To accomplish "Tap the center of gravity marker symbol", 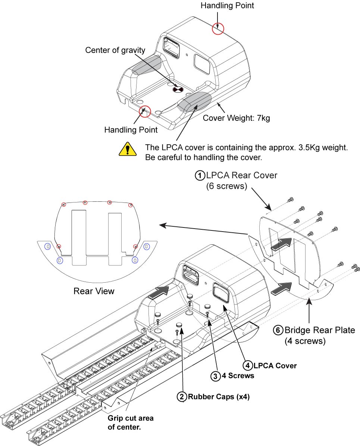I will tap(178, 89).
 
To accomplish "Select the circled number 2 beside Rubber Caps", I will tap(182, 397).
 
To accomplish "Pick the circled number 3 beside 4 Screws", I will tap(216, 376).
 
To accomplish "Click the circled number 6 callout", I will tap(278, 330).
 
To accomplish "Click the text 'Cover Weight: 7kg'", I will tap(236, 119).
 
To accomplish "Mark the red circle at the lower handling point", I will tap(145, 111).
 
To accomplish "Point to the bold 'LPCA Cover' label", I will tap(275, 365).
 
